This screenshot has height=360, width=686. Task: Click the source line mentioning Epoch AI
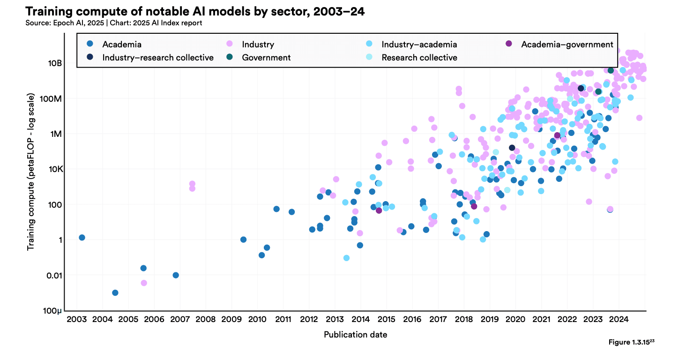(114, 23)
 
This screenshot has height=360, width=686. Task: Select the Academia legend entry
(122, 45)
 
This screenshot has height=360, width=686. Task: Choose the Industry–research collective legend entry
(158, 58)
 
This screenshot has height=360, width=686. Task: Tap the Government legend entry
(266, 58)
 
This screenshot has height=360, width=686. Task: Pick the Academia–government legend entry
(567, 45)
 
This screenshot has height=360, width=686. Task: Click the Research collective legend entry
(419, 58)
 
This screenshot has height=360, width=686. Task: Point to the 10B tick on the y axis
(53, 63)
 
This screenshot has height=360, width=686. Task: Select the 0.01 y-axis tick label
(52, 275)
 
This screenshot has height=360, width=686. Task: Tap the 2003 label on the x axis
(76, 320)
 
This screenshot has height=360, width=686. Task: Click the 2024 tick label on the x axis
(619, 320)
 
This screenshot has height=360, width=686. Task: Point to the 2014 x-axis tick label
(360, 320)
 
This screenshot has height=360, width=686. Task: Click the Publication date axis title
(355, 335)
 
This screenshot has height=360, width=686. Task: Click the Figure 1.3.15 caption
(631, 342)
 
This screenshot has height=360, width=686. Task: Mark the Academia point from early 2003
(82, 237)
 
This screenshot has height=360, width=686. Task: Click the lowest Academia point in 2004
(115, 292)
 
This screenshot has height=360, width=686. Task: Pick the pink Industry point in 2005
(144, 283)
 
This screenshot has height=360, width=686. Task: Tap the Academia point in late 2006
(175, 275)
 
